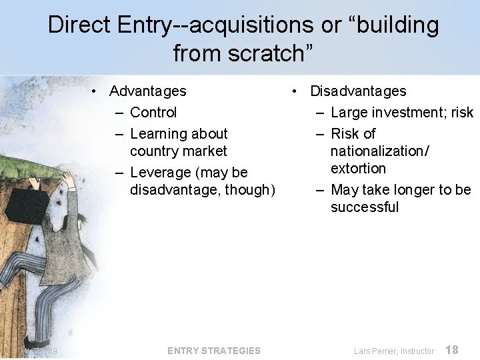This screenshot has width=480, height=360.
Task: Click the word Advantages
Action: [x=147, y=91]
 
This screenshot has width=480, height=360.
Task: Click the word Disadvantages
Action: [x=358, y=91]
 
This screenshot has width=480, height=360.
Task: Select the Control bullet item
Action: [x=153, y=112]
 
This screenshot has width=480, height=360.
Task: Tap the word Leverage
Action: [x=161, y=172]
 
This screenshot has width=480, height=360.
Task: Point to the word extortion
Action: [x=358, y=168]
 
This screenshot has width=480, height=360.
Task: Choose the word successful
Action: [x=365, y=207]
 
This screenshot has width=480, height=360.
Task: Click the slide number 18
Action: [x=451, y=349]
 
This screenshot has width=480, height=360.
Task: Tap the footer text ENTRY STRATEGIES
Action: [x=214, y=351]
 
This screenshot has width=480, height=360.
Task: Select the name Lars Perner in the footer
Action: [x=376, y=351]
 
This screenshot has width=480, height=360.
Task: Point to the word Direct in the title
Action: [x=79, y=25]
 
